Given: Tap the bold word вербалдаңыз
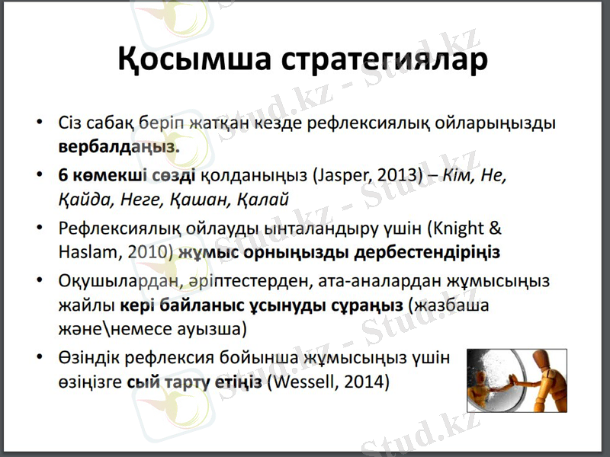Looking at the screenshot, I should [118, 145].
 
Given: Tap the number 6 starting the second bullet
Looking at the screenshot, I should [63, 176].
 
